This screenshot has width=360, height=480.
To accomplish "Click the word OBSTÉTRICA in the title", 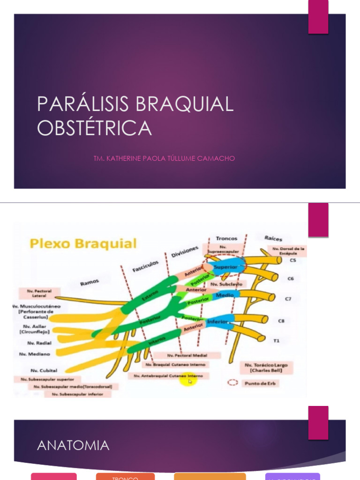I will coord(94,128).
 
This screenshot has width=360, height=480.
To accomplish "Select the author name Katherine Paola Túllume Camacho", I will coord(164,158).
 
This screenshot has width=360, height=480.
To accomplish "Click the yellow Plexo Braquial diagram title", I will coord(83,244).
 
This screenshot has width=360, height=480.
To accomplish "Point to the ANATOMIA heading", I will coord(73,445).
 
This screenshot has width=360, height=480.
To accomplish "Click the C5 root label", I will coord(292,260).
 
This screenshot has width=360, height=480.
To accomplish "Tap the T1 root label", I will coord(277,341).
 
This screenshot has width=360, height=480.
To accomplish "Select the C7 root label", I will coord(288,299).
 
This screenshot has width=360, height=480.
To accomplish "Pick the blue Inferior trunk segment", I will coord(218,322).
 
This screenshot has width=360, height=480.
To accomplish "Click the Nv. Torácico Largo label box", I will coord(266,367).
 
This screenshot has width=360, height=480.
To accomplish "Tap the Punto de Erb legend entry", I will coord(253,383).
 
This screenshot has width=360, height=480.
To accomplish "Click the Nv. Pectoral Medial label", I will coord(187,356).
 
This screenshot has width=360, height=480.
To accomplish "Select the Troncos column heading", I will coord(226,238).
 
